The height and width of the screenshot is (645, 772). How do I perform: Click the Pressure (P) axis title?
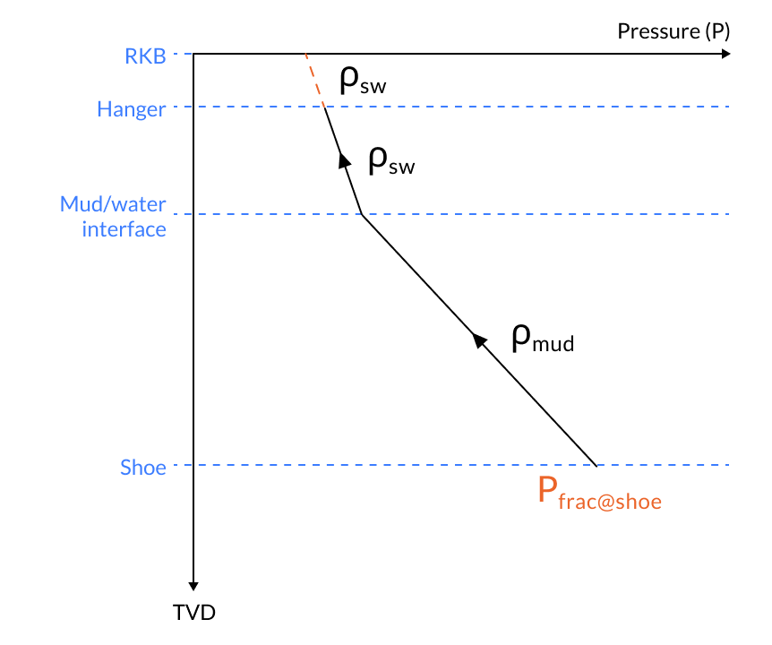(673, 31)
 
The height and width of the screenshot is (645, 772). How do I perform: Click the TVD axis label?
(194, 614)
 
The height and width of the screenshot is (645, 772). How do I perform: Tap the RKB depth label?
(145, 56)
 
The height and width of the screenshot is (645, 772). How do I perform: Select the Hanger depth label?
(131, 109)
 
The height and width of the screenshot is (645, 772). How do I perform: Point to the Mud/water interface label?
(113, 216)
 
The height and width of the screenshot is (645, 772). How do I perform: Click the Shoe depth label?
(143, 467)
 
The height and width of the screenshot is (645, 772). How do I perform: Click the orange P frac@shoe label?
(598, 494)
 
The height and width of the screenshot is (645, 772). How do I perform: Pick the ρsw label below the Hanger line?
(391, 162)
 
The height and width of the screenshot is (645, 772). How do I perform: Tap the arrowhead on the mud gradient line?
(479, 340)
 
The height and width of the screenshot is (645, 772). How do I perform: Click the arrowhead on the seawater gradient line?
(343, 159)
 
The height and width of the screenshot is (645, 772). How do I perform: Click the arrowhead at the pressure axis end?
(726, 54)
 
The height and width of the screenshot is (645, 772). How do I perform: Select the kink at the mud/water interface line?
(361, 214)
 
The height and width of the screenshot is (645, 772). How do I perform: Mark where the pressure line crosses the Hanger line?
(324, 107)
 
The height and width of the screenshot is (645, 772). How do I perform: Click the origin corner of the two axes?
(194, 54)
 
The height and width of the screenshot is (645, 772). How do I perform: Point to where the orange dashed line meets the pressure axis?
(305, 54)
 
